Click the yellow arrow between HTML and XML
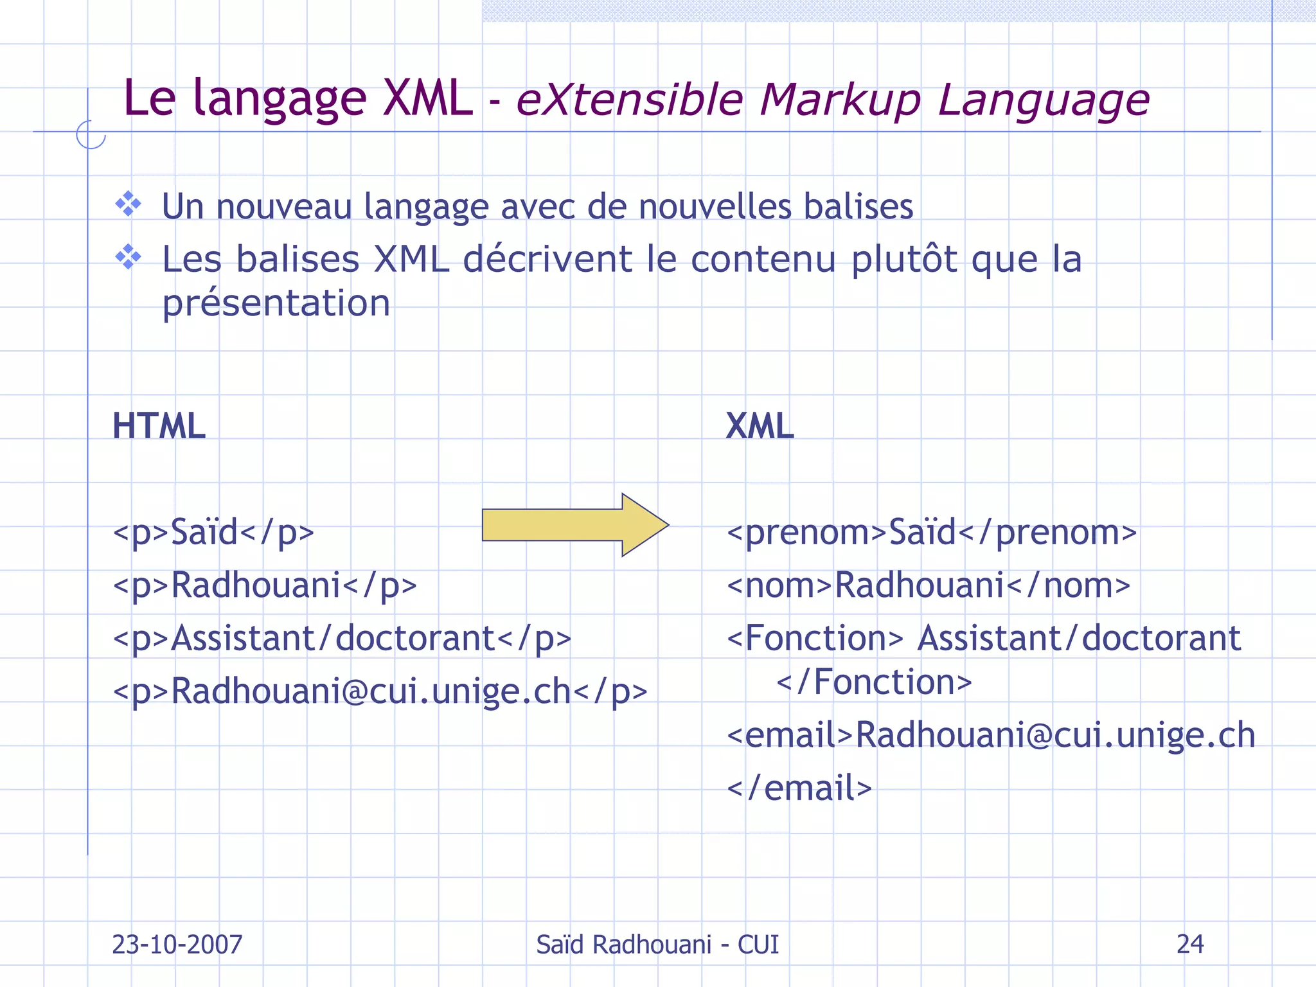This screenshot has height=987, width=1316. (574, 525)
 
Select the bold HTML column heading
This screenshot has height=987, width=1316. (159, 426)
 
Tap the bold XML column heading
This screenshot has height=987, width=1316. (760, 426)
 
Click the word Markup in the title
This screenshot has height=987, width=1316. (840, 100)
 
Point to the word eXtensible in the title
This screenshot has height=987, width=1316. (629, 100)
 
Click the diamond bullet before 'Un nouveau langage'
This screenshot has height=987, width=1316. (129, 204)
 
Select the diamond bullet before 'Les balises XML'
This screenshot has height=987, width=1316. (129, 257)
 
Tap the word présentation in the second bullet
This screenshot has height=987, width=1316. (276, 303)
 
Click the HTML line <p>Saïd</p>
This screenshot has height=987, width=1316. (213, 532)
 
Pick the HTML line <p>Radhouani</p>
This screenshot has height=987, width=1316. (265, 585)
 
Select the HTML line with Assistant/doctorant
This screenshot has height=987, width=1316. (342, 638)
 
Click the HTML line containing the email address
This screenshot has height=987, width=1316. (380, 691)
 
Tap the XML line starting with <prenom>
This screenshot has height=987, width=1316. (932, 532)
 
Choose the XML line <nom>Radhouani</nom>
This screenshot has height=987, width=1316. (929, 585)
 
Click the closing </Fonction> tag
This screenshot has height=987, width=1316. (874, 682)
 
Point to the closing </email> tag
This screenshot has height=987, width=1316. (799, 788)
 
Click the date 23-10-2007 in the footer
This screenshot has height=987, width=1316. (177, 945)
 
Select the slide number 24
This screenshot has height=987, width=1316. (1190, 944)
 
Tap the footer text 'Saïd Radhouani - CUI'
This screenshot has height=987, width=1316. (657, 945)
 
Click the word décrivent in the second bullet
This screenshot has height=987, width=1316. (547, 259)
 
